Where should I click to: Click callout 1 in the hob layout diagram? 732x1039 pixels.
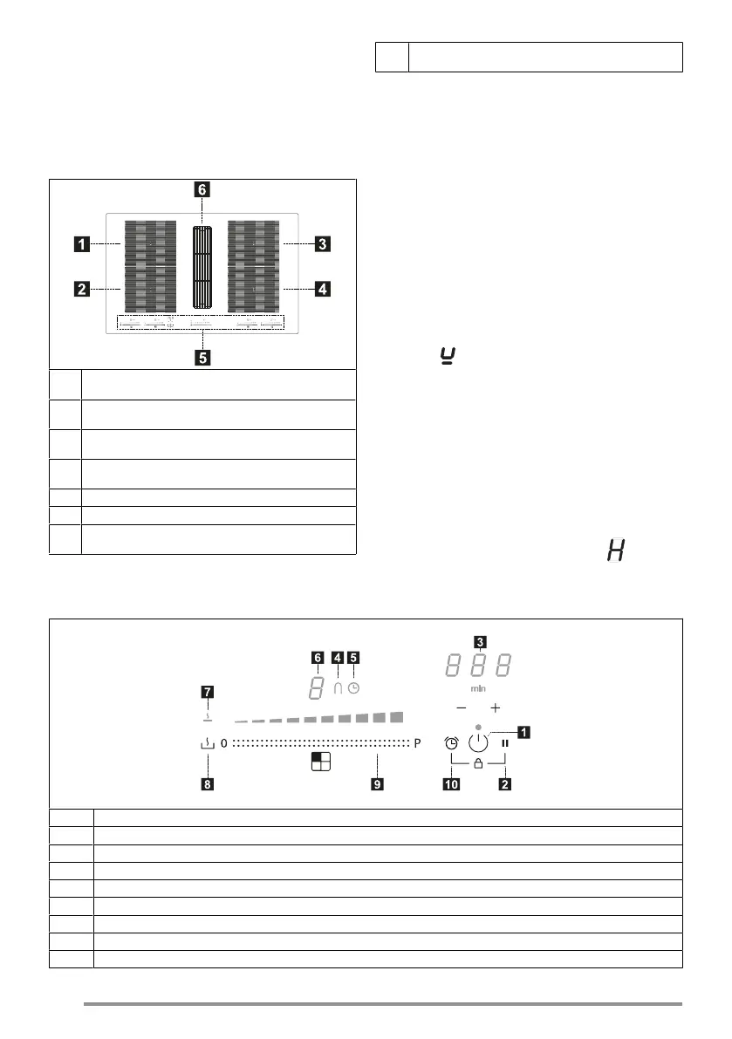(80, 246)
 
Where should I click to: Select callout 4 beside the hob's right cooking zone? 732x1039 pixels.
(323, 288)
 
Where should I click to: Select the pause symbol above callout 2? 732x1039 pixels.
(505, 744)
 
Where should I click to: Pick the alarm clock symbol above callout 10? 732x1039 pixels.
(451, 744)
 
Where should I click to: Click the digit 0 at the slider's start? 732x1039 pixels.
(223, 744)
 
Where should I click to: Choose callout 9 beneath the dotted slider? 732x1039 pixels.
(377, 784)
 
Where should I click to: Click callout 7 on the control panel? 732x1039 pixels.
(208, 693)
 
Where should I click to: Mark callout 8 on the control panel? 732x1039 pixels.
(207, 784)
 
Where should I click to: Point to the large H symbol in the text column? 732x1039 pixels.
(618, 551)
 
